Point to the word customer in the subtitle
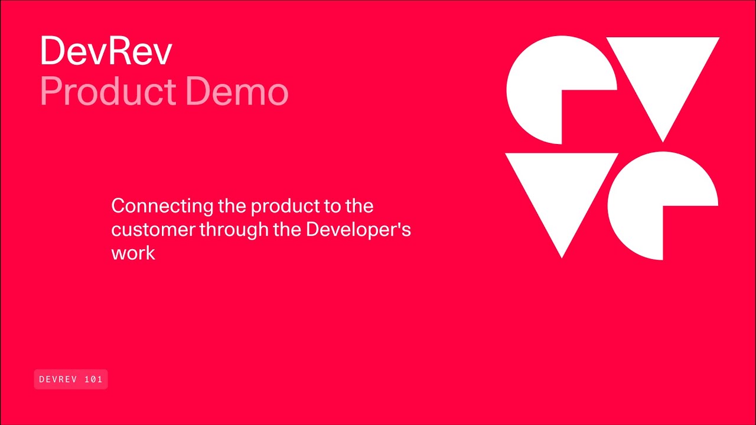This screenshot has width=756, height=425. (x=153, y=230)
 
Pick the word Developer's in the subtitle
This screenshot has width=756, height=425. (x=358, y=230)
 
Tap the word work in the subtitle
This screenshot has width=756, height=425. (x=133, y=253)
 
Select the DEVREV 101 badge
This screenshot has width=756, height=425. (x=71, y=380)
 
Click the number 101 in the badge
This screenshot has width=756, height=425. (x=94, y=380)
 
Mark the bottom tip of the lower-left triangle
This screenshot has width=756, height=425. (x=562, y=256)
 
